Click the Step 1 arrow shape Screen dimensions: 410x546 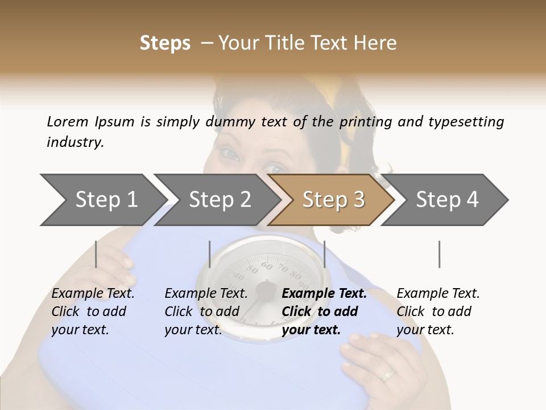click(x=102, y=200)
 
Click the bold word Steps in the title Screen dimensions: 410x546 click(x=165, y=43)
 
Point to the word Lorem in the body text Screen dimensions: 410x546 click(x=68, y=121)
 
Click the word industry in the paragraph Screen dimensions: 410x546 click(x=75, y=142)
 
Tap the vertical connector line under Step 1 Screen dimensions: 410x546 click(x=96, y=254)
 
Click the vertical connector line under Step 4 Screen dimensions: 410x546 click(x=439, y=254)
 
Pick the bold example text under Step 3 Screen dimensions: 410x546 click(x=324, y=311)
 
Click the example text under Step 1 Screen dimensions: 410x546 click(x=93, y=311)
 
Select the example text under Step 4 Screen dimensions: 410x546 click(x=438, y=311)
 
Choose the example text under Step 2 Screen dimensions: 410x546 click(x=206, y=311)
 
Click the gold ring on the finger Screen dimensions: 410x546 click(x=388, y=375)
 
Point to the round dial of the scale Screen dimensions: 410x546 click(x=263, y=285)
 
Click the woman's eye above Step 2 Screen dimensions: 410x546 click(x=227, y=153)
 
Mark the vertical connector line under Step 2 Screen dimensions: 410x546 click(x=210, y=254)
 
